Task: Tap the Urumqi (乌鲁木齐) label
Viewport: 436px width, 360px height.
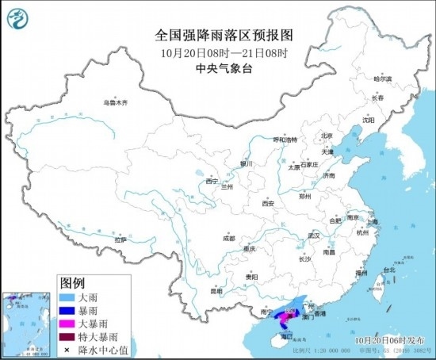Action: pyautogui.click(x=116, y=103)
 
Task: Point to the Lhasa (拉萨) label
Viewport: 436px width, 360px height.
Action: pyautogui.click(x=120, y=239)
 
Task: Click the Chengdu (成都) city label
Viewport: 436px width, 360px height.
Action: pyautogui.click(x=228, y=237)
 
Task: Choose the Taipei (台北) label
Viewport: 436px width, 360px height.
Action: pyautogui.click(x=388, y=270)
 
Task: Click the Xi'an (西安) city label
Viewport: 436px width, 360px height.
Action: pyautogui.click(x=266, y=203)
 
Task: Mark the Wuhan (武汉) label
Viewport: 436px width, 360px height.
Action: pyautogui.click(x=314, y=236)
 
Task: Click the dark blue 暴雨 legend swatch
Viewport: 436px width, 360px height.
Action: pyautogui.click(x=69, y=310)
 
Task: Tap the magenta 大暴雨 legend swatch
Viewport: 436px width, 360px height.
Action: pyautogui.click(x=69, y=324)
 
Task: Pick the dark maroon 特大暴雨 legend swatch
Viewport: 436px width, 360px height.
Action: pyautogui.click(x=69, y=337)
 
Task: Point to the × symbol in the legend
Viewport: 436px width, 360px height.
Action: pyautogui.click(x=69, y=350)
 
